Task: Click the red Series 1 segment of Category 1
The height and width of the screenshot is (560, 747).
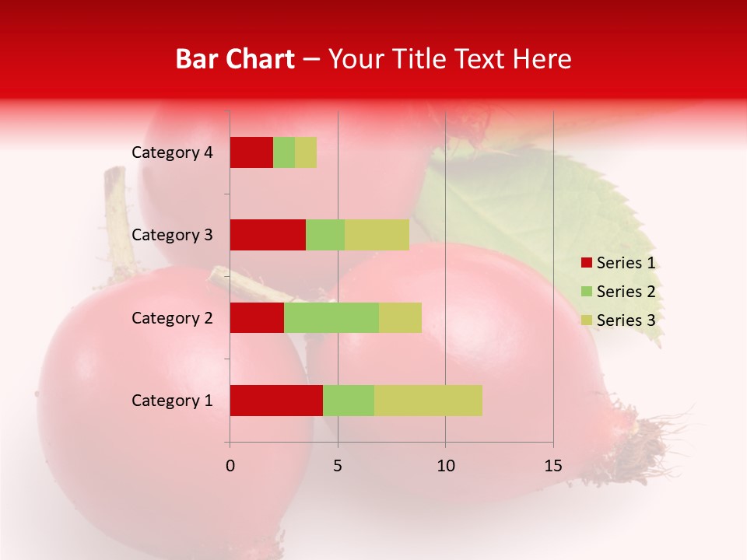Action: point(276,400)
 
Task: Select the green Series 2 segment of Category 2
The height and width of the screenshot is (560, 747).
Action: point(331,317)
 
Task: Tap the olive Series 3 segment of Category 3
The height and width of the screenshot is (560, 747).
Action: point(377,235)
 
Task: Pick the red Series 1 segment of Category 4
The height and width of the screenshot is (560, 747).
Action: point(251,152)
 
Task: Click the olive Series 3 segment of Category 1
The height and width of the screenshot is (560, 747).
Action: point(428,400)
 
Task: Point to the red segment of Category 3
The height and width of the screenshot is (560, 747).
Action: point(268,235)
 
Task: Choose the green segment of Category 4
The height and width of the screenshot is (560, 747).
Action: point(284,152)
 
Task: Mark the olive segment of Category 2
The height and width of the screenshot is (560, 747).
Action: point(400,317)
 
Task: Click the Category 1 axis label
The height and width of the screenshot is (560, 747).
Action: point(172,401)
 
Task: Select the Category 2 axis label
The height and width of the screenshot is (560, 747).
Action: point(172,318)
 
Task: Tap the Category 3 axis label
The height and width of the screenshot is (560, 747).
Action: point(172,235)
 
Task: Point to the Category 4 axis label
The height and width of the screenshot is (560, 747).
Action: point(172,152)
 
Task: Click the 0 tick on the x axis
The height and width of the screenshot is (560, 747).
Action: point(230,466)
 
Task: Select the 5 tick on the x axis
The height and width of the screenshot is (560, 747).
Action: point(338,466)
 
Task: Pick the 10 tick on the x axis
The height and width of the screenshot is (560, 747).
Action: point(445,466)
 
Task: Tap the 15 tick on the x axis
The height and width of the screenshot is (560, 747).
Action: point(553,466)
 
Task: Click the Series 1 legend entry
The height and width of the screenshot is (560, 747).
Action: point(619,263)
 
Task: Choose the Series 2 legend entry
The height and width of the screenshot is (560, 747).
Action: point(619,292)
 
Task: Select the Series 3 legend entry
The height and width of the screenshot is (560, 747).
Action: point(619,320)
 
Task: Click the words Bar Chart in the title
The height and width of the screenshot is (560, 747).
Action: point(235,59)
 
